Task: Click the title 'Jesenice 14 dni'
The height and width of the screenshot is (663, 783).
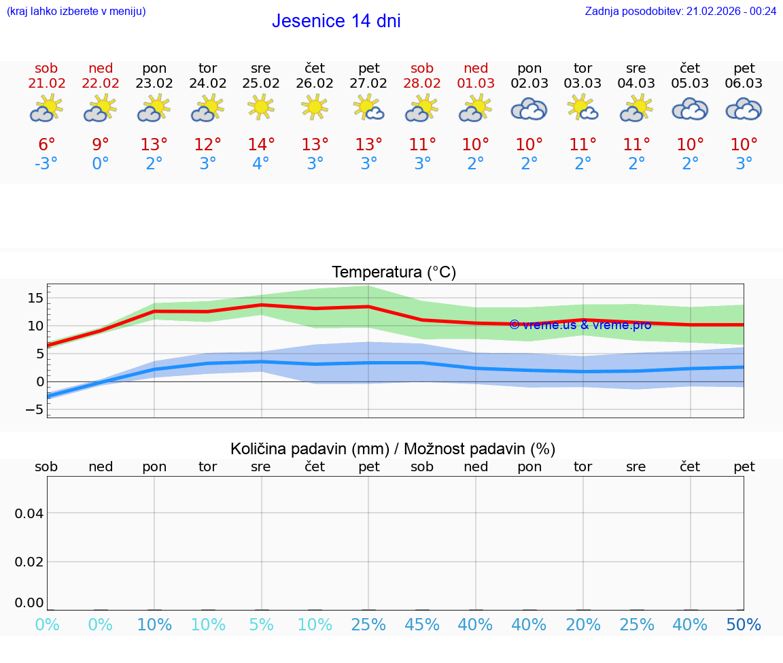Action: click(336, 21)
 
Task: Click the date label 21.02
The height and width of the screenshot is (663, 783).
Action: click(47, 83)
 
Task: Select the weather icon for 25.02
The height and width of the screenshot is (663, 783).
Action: click(261, 107)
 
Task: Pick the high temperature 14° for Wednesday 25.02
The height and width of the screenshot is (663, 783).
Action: click(261, 144)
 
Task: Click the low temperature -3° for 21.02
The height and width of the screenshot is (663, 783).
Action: click(47, 164)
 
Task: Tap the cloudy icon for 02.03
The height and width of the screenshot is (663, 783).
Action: click(529, 109)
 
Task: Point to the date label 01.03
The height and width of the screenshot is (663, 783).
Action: click(476, 83)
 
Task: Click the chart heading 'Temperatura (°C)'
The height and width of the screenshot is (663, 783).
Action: click(394, 273)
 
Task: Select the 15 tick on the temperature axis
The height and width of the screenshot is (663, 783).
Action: click(35, 298)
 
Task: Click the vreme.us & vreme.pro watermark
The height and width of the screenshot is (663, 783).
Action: click(580, 325)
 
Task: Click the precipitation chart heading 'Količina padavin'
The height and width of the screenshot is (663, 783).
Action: click(393, 449)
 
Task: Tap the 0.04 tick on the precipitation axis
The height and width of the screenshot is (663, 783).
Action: click(29, 513)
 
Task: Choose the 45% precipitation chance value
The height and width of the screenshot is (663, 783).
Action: click(422, 625)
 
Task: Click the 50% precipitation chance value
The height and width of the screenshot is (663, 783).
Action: click(744, 625)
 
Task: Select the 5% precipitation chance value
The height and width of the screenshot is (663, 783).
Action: click(261, 625)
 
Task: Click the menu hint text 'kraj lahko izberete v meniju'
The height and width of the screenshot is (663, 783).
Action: click(76, 11)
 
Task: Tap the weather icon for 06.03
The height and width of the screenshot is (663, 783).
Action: click(744, 109)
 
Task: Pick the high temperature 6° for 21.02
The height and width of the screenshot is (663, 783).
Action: click(47, 144)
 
